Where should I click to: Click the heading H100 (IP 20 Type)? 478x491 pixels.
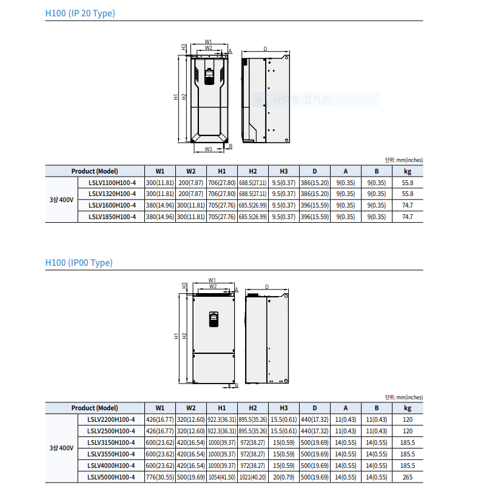click(x=80, y=13)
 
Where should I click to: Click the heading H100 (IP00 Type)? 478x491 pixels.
click(x=79, y=263)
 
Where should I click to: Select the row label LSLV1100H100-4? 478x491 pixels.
click(x=112, y=183)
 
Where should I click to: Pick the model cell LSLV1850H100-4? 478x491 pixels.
click(x=112, y=217)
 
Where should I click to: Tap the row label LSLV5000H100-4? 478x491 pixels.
click(x=111, y=478)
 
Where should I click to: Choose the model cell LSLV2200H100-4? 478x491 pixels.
click(x=111, y=419)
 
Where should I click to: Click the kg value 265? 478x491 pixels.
click(x=408, y=478)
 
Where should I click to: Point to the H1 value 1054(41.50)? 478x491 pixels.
click(x=222, y=478)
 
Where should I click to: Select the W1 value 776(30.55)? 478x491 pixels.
click(x=160, y=478)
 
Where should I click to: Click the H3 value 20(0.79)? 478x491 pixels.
click(x=284, y=478)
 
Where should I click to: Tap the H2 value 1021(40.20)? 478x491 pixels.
click(x=253, y=478)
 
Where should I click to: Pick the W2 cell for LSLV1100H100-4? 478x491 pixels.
click(x=191, y=183)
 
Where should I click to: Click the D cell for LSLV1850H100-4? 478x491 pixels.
click(x=315, y=217)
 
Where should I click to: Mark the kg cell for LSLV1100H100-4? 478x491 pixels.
click(x=408, y=183)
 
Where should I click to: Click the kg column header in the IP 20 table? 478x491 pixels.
click(x=408, y=171)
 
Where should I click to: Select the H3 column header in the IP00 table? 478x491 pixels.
click(x=284, y=408)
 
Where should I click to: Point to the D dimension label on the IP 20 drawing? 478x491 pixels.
click(x=265, y=49)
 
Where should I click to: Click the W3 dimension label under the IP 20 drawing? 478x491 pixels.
click(x=208, y=149)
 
